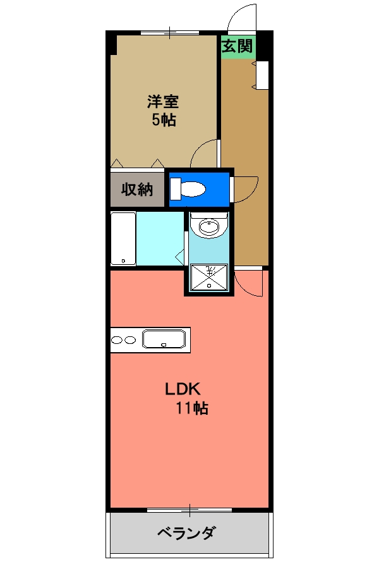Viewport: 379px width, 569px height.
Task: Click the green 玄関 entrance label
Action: pos(237,46)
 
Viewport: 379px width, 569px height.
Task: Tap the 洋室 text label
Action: pos(163,102)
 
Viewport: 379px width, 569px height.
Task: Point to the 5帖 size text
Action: pos(163,120)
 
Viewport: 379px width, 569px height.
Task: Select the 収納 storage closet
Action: pos(137,189)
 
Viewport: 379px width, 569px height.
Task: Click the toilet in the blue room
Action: pos(189,189)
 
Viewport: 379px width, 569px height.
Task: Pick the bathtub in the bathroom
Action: pos(123,239)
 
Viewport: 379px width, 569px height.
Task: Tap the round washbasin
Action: pos(208,226)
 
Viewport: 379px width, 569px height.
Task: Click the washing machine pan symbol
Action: pos(208,277)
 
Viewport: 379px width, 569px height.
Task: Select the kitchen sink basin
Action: pos(164,340)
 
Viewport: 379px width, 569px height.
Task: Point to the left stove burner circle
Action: pos(117,340)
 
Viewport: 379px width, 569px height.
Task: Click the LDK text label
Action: pos(183,389)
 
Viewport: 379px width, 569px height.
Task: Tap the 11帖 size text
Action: pos(192,408)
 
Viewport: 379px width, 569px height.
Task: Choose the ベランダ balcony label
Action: pos(186,534)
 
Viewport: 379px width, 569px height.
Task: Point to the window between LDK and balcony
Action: pos(189,509)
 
